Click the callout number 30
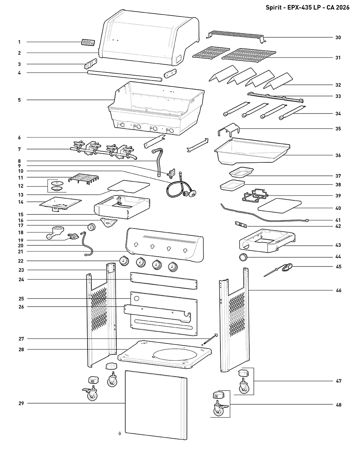[338, 37]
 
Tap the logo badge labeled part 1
[88, 43]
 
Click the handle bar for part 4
[125, 76]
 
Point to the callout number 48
[339, 405]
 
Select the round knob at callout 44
[243, 257]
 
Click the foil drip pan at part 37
[241, 172]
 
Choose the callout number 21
[20, 252]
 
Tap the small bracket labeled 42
[241, 224]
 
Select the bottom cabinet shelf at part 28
[165, 355]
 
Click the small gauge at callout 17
[91, 227]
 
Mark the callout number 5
[19, 100]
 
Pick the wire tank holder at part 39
[255, 195]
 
